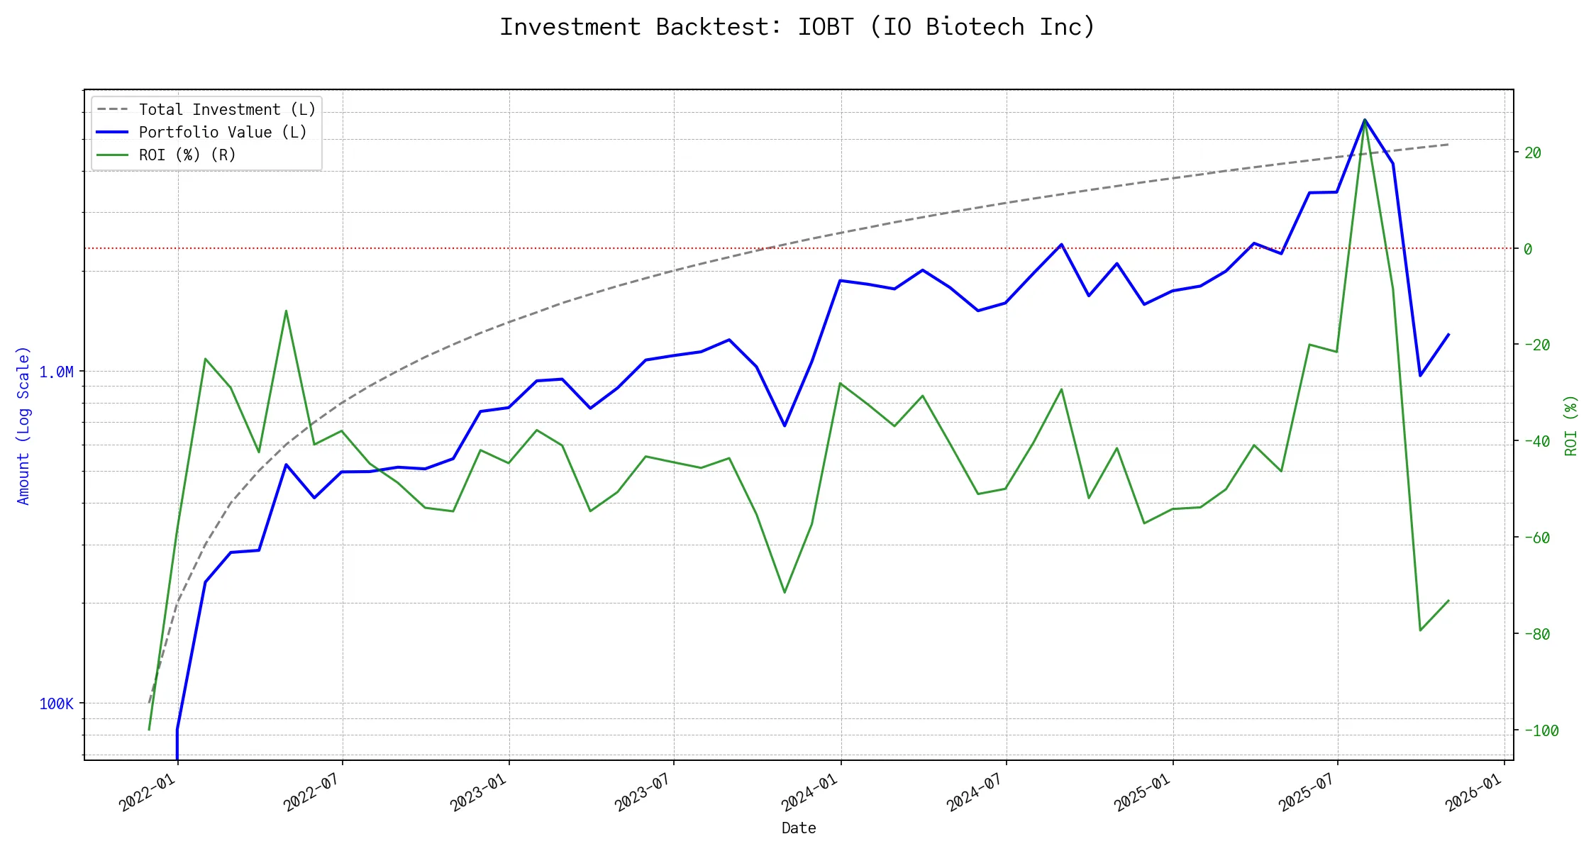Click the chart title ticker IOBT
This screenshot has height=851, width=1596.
[826, 27]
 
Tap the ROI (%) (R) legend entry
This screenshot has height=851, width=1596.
[187, 155]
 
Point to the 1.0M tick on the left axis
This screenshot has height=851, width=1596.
[56, 372]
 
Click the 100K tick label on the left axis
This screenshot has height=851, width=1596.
[56, 704]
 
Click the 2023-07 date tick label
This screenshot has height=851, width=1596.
[643, 792]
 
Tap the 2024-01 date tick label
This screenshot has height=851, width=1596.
[810, 792]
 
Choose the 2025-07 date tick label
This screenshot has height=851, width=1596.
[1307, 792]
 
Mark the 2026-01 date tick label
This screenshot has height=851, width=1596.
[1474, 792]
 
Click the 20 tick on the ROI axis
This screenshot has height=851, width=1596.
[1532, 153]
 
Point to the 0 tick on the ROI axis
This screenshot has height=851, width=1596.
[1528, 249]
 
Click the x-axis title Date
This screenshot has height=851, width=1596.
[799, 828]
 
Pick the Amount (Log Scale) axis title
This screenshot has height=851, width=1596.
[23, 425]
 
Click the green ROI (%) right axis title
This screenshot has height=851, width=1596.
[1571, 425]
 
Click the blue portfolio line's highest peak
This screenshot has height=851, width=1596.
[1365, 120]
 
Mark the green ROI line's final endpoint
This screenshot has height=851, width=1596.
[1448, 601]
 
